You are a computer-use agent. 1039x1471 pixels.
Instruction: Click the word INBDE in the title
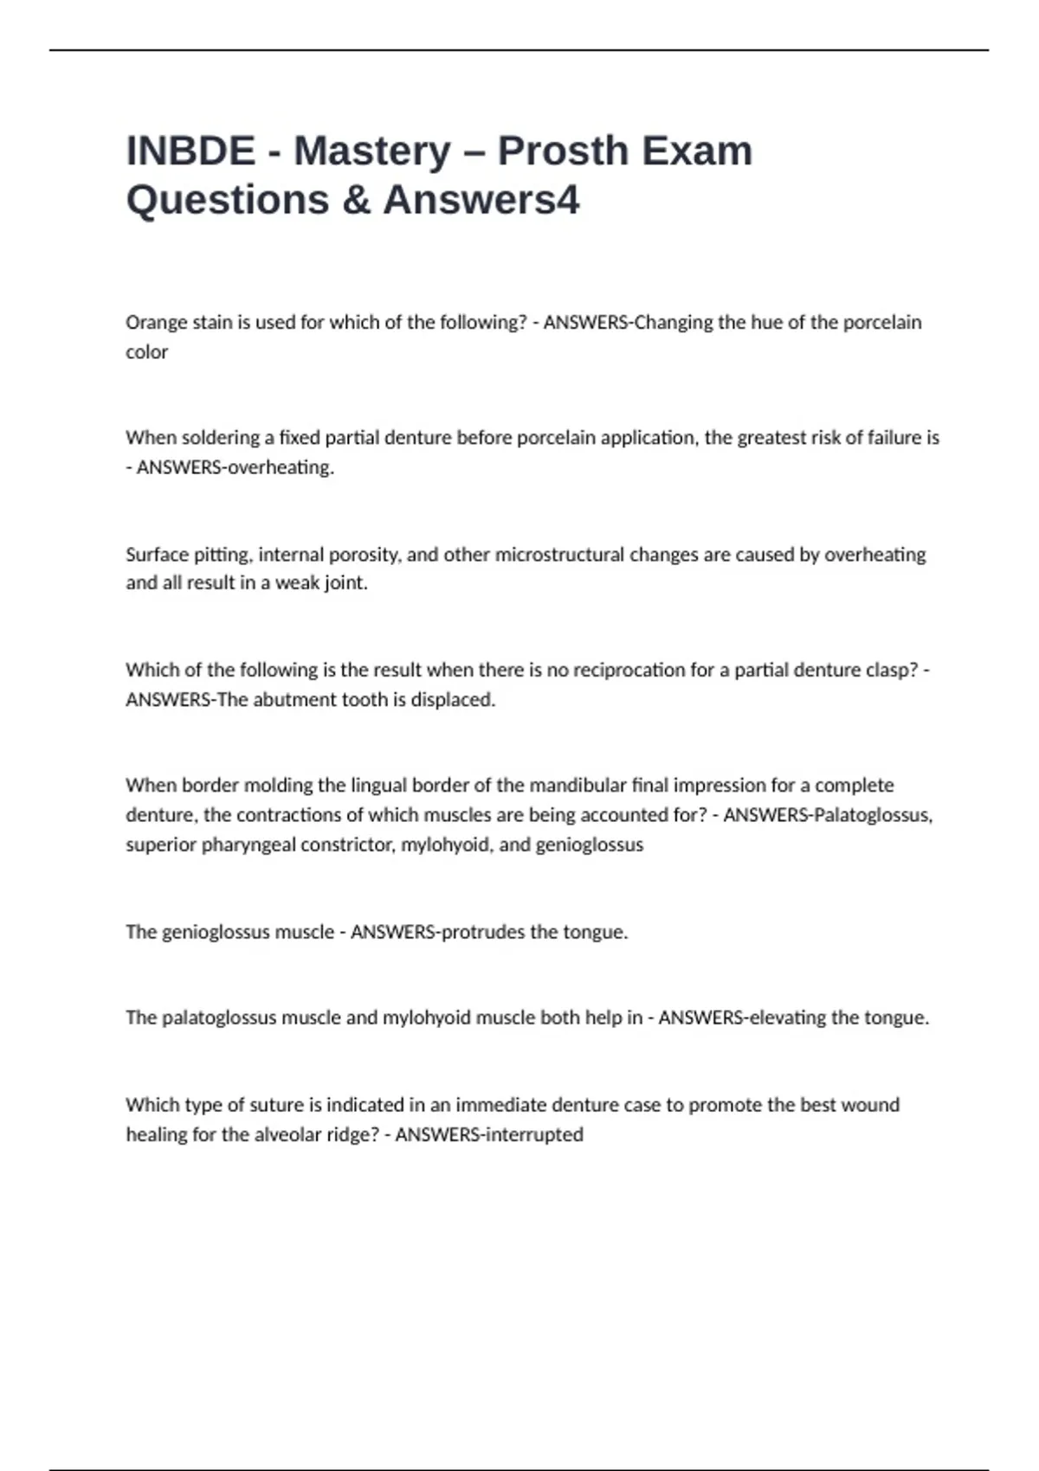(x=190, y=151)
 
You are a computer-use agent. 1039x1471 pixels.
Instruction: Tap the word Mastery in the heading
(x=372, y=151)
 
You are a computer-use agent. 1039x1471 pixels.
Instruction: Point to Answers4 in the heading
(x=481, y=200)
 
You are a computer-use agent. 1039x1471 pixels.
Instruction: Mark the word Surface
(x=156, y=555)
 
